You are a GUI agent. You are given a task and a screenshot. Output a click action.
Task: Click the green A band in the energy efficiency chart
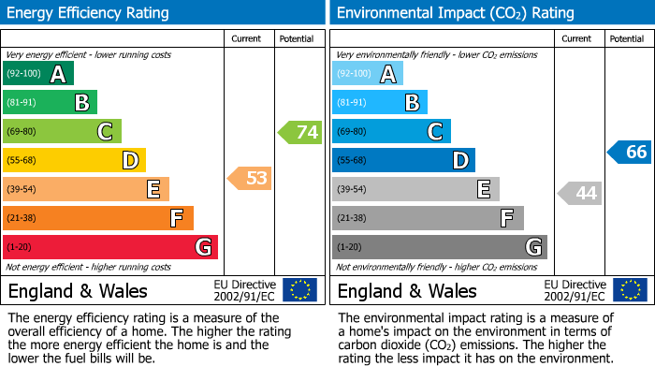click(37, 74)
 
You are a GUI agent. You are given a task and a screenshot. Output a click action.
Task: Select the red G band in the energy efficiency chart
click(109, 247)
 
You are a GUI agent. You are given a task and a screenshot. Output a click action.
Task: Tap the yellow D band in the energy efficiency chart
click(74, 160)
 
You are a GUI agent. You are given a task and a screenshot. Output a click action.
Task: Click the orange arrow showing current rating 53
click(250, 178)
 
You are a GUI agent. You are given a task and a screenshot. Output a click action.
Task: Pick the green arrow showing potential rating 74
click(300, 132)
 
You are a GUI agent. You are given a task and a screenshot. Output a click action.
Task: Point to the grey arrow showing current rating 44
click(579, 194)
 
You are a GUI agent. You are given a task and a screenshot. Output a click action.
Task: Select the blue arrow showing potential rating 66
click(630, 152)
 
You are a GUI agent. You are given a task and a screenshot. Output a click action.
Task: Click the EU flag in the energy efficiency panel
click(299, 289)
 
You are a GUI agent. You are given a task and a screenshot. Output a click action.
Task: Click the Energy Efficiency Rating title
click(89, 13)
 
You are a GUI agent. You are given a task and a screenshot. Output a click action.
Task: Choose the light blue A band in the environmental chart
click(368, 74)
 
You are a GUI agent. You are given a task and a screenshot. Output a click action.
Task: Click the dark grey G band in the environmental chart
click(439, 247)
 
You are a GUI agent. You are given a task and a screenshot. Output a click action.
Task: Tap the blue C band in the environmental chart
click(391, 131)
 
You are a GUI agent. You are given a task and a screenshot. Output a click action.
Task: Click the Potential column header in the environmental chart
click(627, 38)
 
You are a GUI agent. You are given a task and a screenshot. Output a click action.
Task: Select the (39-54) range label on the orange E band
click(22, 190)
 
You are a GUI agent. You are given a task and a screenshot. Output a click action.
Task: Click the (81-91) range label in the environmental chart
click(351, 103)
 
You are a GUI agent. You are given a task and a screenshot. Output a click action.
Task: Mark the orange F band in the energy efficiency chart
click(98, 218)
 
